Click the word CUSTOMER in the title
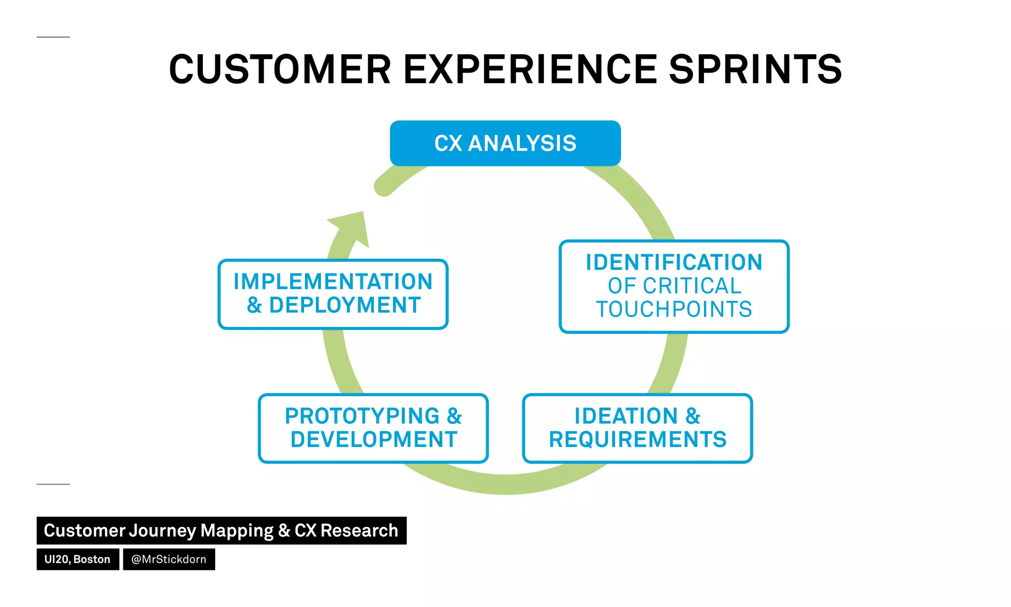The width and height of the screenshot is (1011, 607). click(280, 70)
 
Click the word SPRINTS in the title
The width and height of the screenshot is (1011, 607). click(755, 70)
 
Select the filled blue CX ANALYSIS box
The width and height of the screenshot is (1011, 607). click(505, 143)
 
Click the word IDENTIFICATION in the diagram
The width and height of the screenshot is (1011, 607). click(674, 262)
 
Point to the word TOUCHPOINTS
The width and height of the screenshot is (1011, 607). click(674, 310)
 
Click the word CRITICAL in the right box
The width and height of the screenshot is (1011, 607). click(692, 286)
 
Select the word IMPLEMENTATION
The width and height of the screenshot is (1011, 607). click(333, 282)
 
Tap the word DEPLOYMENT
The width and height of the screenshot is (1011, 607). click(345, 305)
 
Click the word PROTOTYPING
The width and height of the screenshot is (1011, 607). click(362, 416)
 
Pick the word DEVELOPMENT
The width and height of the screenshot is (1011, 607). click(374, 440)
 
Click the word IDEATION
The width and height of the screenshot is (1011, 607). click(626, 416)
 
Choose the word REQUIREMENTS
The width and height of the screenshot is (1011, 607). click(638, 440)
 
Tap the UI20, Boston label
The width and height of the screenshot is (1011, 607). click(78, 559)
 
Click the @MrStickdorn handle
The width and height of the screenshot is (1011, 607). click(169, 559)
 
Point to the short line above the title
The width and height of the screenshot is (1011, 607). click(53, 37)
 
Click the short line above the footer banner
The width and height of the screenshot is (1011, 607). click(53, 484)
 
